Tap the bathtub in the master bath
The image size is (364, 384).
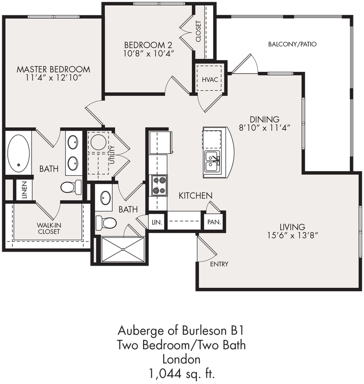tap(19, 153)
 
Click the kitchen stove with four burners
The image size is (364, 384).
tap(159, 185)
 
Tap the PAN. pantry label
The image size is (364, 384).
tap(214, 222)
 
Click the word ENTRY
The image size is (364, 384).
tap(219, 264)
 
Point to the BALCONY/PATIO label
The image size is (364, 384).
tap(292, 45)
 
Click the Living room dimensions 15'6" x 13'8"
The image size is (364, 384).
tap(292, 236)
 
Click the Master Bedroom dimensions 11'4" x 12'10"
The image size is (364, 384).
tap(53, 78)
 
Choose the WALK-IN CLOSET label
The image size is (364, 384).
tap(49, 228)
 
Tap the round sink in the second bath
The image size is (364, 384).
tap(105, 197)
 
